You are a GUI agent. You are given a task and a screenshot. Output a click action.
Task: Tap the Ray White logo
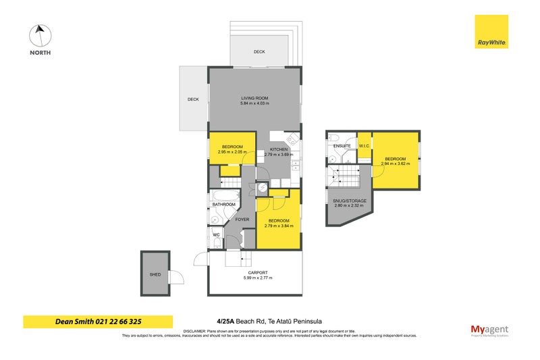point(491,32)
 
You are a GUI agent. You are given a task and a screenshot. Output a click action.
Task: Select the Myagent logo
point(489,330)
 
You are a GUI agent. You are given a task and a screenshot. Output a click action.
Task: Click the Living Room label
point(254,98)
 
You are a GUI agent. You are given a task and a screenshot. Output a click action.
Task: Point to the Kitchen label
point(279,149)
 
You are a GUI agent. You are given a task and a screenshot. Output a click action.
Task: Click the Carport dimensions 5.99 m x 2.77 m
point(254,278)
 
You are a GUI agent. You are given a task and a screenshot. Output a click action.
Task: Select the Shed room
point(156,276)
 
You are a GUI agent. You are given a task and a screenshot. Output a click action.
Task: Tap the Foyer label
point(242,220)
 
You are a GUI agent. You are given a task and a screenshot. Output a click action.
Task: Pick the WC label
point(216,235)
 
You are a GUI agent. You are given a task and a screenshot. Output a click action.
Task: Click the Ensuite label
point(342,146)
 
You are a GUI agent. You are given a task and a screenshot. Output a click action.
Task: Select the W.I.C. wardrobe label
point(362,146)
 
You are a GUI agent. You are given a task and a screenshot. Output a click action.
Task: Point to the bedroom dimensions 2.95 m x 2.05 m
point(231,152)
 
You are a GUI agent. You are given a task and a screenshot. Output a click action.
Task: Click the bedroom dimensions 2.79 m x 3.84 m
point(279,226)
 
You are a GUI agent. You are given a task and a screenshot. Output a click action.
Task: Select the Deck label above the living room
point(259,52)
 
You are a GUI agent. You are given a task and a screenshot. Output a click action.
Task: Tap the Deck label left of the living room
point(193,100)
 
